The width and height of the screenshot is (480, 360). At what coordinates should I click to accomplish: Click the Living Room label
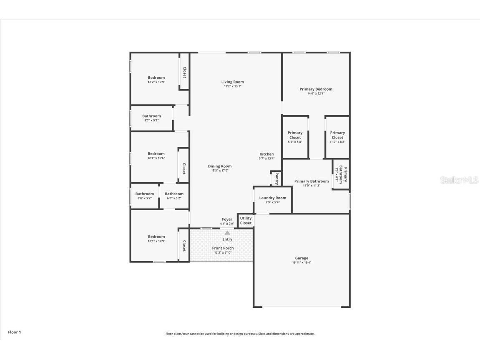(x=232, y=82)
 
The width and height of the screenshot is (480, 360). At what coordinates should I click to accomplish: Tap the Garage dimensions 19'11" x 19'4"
(x=302, y=263)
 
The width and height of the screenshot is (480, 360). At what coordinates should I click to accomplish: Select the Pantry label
(x=276, y=178)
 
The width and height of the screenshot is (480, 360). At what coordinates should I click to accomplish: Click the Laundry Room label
(x=273, y=198)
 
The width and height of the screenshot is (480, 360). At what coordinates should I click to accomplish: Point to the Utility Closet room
(x=246, y=221)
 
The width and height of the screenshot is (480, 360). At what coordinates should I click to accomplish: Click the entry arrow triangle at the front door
(x=227, y=233)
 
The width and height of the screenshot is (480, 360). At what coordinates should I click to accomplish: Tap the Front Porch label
(x=223, y=248)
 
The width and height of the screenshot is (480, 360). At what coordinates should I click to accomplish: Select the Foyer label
(x=227, y=219)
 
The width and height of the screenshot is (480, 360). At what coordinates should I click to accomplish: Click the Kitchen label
(x=266, y=154)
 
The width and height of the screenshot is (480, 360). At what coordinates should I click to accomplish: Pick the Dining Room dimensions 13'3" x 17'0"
(x=220, y=171)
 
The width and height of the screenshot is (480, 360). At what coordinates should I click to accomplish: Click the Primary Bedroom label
(x=316, y=89)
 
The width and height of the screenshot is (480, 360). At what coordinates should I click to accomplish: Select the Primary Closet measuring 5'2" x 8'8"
(x=295, y=137)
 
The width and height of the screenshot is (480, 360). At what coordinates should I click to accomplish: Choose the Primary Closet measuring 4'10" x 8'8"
(x=337, y=137)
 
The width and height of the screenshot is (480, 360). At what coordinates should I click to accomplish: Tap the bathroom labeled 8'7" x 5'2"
(x=151, y=118)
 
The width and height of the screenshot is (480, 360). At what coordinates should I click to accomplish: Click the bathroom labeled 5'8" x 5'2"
(x=144, y=196)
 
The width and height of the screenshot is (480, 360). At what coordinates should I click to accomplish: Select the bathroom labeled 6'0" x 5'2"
(x=174, y=196)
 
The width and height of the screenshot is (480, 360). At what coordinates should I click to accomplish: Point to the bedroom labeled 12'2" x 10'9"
(x=156, y=79)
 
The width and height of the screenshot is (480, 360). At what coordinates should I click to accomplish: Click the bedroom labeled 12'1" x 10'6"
(x=156, y=156)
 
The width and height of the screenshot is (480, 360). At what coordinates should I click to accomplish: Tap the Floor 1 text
(x=14, y=332)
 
